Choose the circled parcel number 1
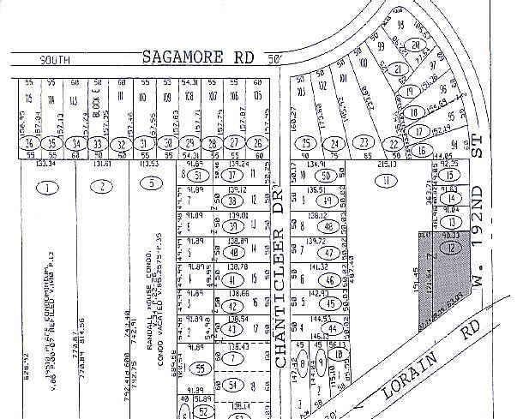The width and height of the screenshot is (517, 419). pos(48,186)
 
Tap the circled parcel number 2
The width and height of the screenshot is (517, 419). pos(102,186)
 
